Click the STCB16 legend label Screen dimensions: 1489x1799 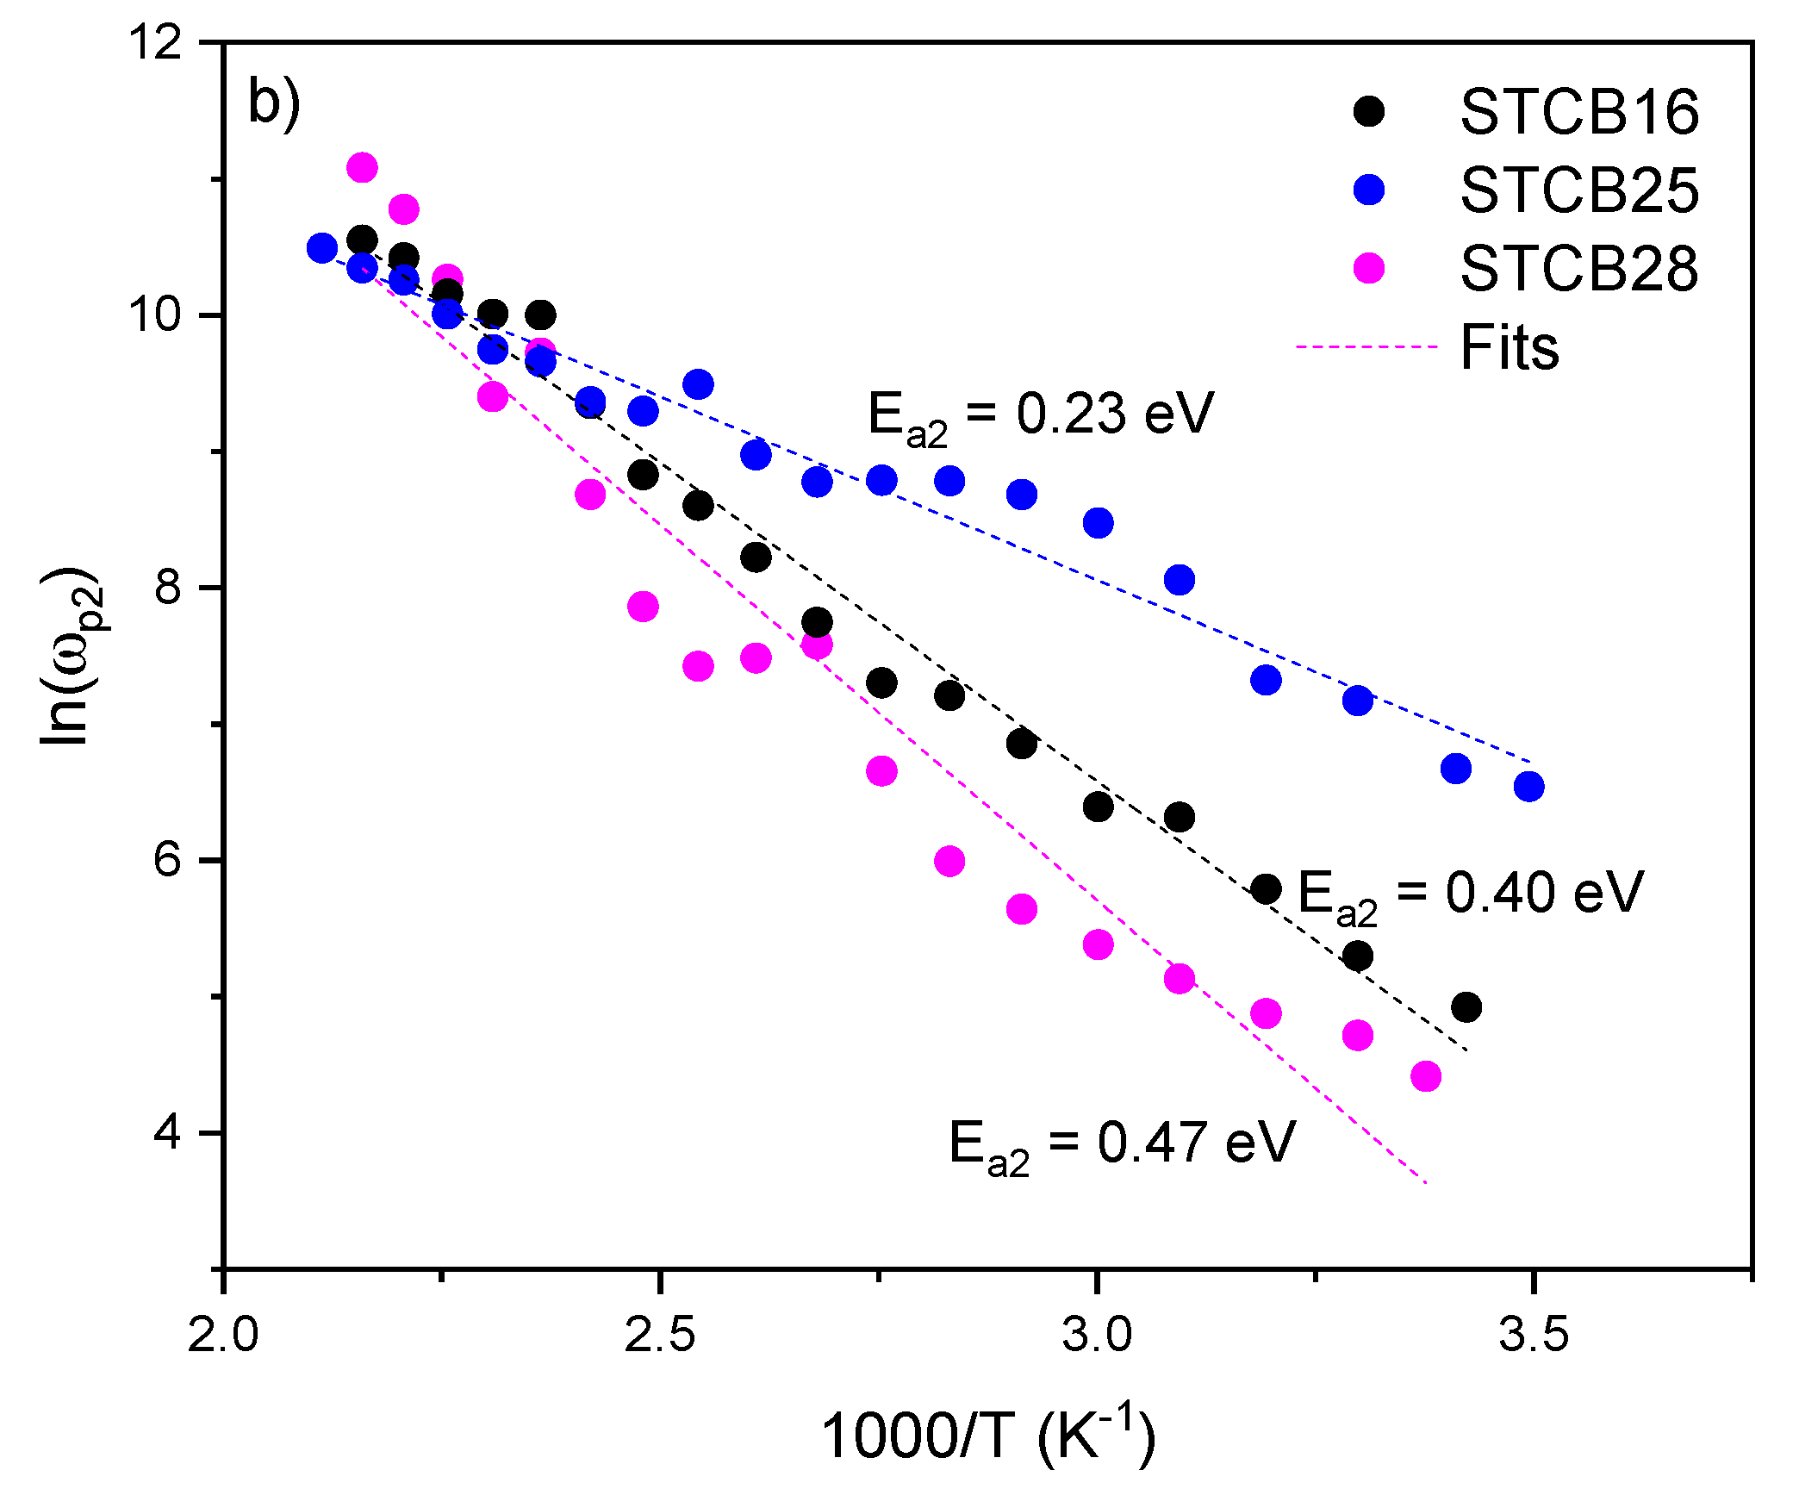tap(1578, 112)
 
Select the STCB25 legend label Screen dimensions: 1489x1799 tap(1578, 190)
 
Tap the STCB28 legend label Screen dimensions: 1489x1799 tap(1578, 269)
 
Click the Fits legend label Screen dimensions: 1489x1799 tap(1510, 347)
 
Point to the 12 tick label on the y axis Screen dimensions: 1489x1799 tap(156, 41)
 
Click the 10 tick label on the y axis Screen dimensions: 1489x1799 tap(156, 315)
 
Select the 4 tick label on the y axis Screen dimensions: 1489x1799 tap(168, 1132)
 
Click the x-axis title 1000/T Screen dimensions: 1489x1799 tap(987, 1436)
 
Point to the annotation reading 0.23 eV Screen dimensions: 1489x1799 tap(1041, 415)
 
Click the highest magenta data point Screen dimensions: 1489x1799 tap(362, 167)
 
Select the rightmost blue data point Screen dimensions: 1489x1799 tap(1528, 786)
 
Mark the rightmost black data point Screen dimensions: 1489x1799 tap(1466, 1006)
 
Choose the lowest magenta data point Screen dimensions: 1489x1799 tap(1426, 1076)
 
